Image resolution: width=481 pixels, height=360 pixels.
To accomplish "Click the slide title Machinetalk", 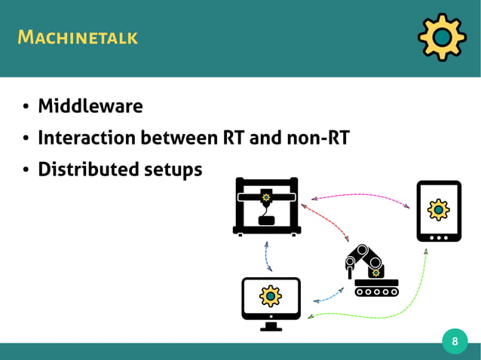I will (78, 36).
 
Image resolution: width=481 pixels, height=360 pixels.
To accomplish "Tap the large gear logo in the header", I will (441, 37).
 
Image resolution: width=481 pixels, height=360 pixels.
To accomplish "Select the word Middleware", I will (90, 106).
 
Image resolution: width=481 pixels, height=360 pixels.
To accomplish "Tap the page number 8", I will (455, 342).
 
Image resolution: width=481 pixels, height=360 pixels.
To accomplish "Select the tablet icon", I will (439, 211).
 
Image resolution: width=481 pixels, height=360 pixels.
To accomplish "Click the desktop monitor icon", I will (271, 302).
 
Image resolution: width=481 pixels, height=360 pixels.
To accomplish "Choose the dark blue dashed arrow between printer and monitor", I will (267, 255).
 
